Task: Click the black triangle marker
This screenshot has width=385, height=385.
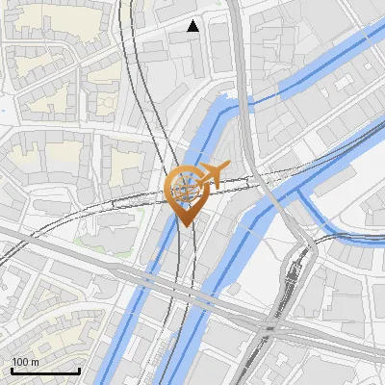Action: click(193, 26)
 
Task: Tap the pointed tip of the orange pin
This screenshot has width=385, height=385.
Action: click(188, 227)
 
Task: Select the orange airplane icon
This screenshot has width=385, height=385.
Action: click(214, 176)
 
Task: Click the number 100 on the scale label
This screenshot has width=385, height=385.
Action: click(20, 362)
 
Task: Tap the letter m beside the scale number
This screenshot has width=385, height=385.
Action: click(35, 362)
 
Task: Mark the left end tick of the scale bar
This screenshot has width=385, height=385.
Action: click(12, 371)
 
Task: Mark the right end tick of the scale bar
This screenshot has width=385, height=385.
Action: click(79, 371)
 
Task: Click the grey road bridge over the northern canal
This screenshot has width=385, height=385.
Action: click(249, 100)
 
